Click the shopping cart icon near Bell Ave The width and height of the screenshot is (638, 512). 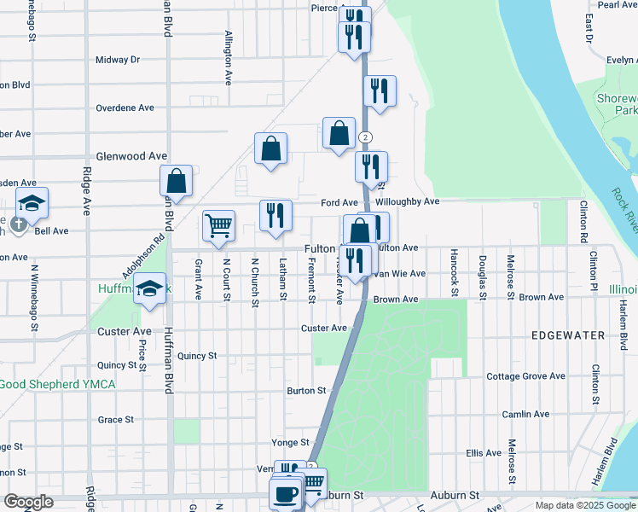click(x=219, y=226)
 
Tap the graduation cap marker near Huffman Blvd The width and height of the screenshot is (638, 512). click(x=149, y=289)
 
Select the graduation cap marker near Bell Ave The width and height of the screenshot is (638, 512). click(x=32, y=204)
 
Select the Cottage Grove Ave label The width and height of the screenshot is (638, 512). click(x=525, y=376)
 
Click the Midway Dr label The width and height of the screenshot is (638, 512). click(x=117, y=60)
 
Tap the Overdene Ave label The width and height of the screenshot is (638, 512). click(x=125, y=108)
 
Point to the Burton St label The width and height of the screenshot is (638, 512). click(x=306, y=391)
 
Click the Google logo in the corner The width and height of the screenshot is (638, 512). click(x=28, y=502)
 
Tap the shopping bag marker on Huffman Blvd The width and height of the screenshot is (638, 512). click(x=176, y=182)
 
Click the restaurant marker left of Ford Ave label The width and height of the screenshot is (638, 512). click(x=275, y=216)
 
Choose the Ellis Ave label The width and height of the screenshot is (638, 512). click(x=484, y=453)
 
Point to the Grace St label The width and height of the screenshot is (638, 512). click(x=115, y=420)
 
